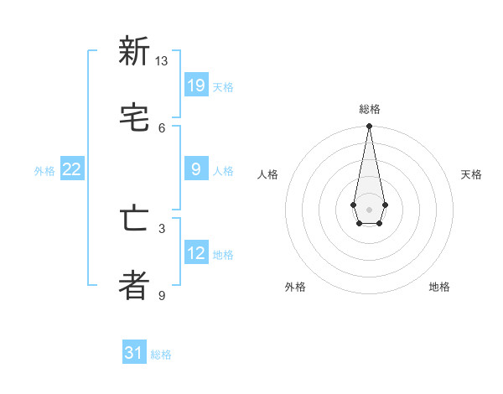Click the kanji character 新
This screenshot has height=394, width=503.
pos(134,51)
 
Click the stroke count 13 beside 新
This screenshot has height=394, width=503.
pos(162,61)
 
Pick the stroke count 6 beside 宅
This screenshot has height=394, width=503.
pos(162,127)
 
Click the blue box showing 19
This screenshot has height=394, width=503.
pos(196,85)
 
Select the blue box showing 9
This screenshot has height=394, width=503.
pos(196,169)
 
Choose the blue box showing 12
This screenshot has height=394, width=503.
pos(196,253)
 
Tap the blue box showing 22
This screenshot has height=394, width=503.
pos(72,169)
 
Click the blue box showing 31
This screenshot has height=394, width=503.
pos(134,353)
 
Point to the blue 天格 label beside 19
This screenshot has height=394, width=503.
pos(223,86)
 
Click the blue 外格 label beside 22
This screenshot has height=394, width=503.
pos(44,171)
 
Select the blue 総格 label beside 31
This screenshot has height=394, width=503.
pos(161,355)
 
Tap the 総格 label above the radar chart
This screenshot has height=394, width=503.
pos(370,109)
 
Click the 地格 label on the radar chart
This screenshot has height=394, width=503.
pos(439,287)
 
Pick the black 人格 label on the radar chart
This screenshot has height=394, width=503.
pos(267,174)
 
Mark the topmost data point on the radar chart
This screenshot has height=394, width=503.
pos(369,127)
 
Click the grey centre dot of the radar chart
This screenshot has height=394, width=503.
pos(369,209)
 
